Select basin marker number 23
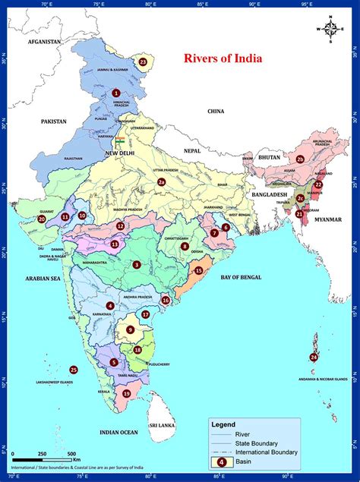click(143, 61)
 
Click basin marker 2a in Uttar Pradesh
click(160, 182)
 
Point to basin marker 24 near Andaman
click(314, 357)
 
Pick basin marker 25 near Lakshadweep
click(74, 370)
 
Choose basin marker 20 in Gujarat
click(42, 219)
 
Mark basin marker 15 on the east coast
click(198, 270)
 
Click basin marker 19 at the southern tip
click(126, 393)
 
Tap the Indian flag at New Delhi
click(119, 141)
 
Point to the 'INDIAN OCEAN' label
click(118, 432)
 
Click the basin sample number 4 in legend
click(221, 461)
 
